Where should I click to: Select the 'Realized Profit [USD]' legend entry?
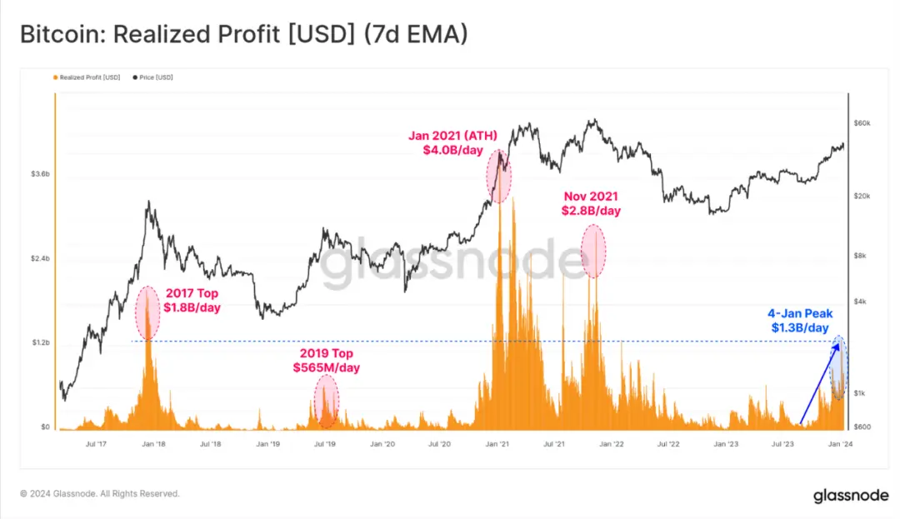(87, 77)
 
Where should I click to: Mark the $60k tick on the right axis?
(862, 123)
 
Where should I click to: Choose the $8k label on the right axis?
(860, 256)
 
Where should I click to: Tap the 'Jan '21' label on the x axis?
(497, 445)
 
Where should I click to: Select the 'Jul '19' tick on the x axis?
(325, 445)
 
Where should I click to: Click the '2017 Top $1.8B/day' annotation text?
(192, 300)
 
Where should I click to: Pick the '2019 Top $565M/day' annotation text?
(326, 360)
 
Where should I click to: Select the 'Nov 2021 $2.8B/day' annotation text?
(592, 203)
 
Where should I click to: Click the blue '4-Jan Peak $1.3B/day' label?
(798, 321)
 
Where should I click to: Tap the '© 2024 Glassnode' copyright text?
(100, 494)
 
